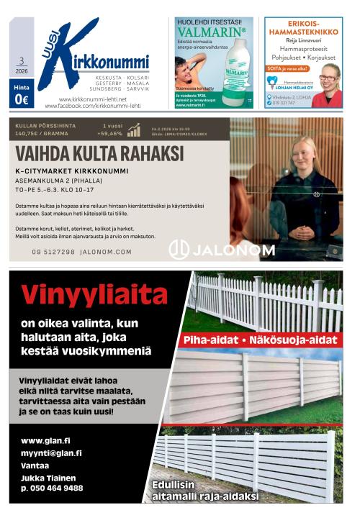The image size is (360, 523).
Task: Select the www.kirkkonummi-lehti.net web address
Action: click(x=92, y=99)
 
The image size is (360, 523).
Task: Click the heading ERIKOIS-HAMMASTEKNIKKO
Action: click(x=303, y=28)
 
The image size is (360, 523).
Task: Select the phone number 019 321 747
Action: click(x=284, y=103)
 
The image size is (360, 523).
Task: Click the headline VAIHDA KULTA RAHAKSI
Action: click(x=99, y=153)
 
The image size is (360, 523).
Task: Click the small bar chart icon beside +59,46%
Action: click(x=134, y=129)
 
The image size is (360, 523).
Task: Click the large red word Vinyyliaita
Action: click(x=94, y=294)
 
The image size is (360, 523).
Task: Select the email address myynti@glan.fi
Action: click(x=51, y=453)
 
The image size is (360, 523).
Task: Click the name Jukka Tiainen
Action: click(x=48, y=477)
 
